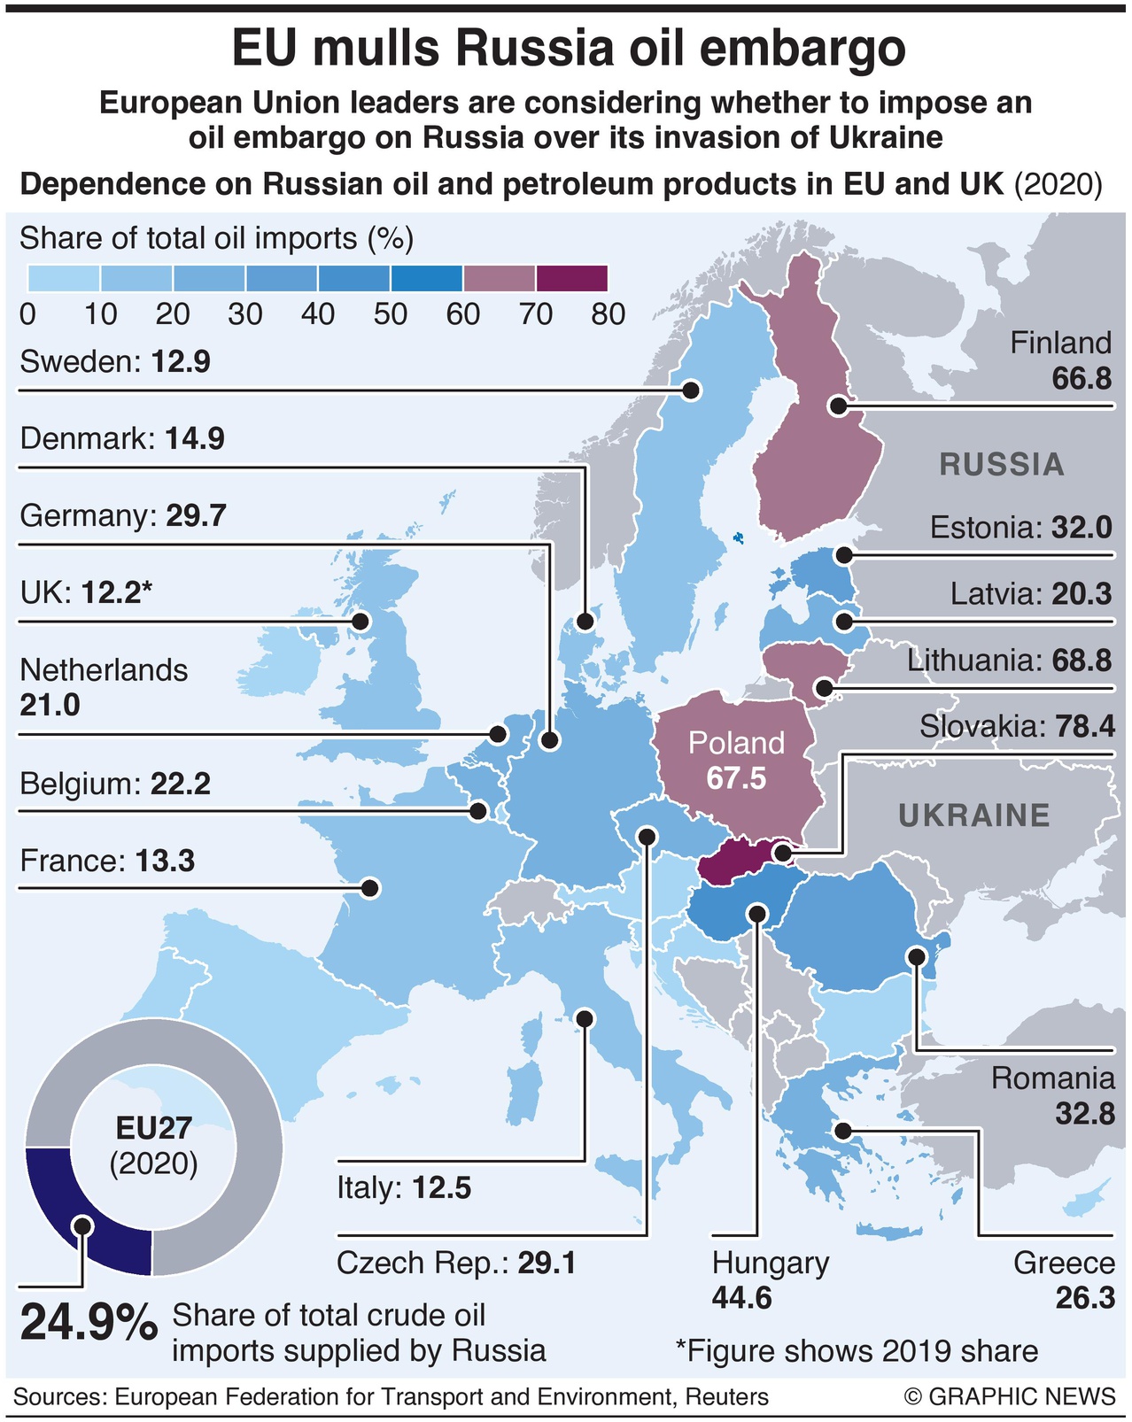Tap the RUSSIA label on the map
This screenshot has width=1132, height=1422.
tap(1002, 465)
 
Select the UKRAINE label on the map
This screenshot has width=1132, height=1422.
tap(974, 815)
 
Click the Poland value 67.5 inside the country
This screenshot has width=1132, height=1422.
tap(736, 778)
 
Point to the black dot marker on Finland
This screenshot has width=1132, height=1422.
tap(838, 406)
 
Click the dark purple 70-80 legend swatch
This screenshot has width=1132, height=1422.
tap(571, 278)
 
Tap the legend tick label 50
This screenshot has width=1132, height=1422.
tap(391, 314)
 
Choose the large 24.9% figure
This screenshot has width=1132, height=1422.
tap(89, 1323)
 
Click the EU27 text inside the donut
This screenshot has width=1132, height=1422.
tap(154, 1127)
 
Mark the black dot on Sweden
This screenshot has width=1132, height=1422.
tap(692, 390)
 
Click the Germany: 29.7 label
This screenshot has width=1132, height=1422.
tap(123, 515)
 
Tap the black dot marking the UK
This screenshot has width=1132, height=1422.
tap(361, 622)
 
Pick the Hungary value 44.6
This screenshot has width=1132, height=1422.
tap(741, 1298)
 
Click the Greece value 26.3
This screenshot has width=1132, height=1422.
tap(1084, 1298)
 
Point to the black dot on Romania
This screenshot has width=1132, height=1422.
tap(917, 956)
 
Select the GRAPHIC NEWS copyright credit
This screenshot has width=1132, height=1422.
tap(1011, 1397)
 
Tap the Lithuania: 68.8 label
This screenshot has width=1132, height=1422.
tap(1009, 661)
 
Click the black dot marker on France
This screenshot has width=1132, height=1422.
tap(370, 887)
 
